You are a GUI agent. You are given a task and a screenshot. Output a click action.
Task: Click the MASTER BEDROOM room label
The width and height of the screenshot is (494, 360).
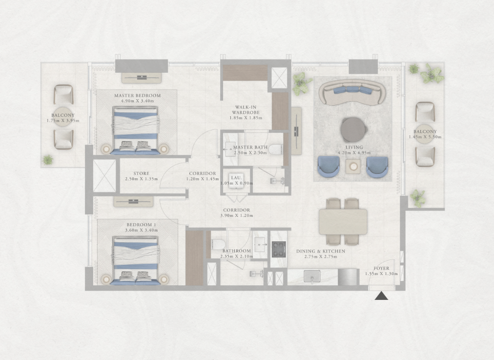click(137, 96)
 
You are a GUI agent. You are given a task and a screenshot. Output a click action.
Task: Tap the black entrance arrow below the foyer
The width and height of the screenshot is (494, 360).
click(381, 296)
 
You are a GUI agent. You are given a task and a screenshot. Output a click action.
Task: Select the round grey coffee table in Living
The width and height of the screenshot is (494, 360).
click(354, 129)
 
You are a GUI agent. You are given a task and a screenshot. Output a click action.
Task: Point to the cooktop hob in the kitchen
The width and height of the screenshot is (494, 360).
click(279, 249)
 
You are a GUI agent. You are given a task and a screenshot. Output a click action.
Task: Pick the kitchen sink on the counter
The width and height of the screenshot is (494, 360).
click(312, 276)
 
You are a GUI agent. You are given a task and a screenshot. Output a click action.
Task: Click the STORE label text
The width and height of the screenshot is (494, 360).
click(142, 173)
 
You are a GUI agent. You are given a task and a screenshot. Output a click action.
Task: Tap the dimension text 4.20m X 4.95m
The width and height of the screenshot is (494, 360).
click(354, 153)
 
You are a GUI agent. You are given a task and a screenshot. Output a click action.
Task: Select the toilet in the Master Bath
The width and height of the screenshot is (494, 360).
click(276, 149)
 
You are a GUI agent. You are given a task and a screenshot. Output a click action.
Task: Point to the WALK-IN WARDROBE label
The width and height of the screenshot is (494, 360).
click(246, 110)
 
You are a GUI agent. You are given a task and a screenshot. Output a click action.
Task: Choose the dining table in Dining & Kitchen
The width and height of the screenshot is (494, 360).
click(343, 222)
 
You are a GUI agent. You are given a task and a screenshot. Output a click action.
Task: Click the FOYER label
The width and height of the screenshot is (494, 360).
click(382, 268)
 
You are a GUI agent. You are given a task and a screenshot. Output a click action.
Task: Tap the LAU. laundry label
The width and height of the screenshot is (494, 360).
click(236, 178)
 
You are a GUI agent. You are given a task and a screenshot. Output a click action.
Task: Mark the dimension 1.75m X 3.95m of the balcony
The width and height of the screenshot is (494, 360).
click(62, 121)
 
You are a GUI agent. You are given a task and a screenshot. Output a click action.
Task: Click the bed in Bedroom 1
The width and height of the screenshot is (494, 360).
click(136, 261)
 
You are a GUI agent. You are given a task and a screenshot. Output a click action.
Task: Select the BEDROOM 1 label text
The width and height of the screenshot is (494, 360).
click(142, 225)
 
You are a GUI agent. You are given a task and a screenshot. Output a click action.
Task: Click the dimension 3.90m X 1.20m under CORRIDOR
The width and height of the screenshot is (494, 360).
click(237, 215)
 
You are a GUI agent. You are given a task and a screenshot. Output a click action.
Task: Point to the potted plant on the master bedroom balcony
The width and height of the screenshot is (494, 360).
click(48, 160)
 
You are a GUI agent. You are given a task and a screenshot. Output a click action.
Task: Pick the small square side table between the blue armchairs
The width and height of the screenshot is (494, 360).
click(353, 166)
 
